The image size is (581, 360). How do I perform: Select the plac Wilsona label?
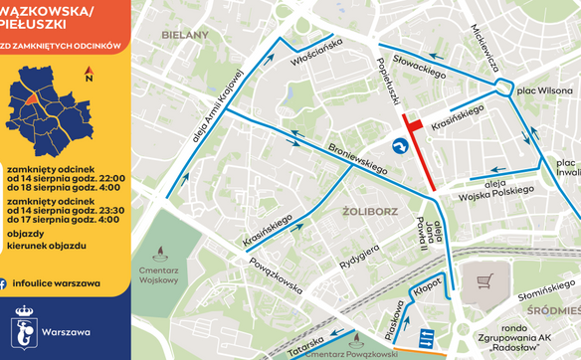pyautogui.click(x=538, y=90)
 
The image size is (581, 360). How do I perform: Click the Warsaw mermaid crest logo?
pyautogui.click(x=25, y=328)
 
